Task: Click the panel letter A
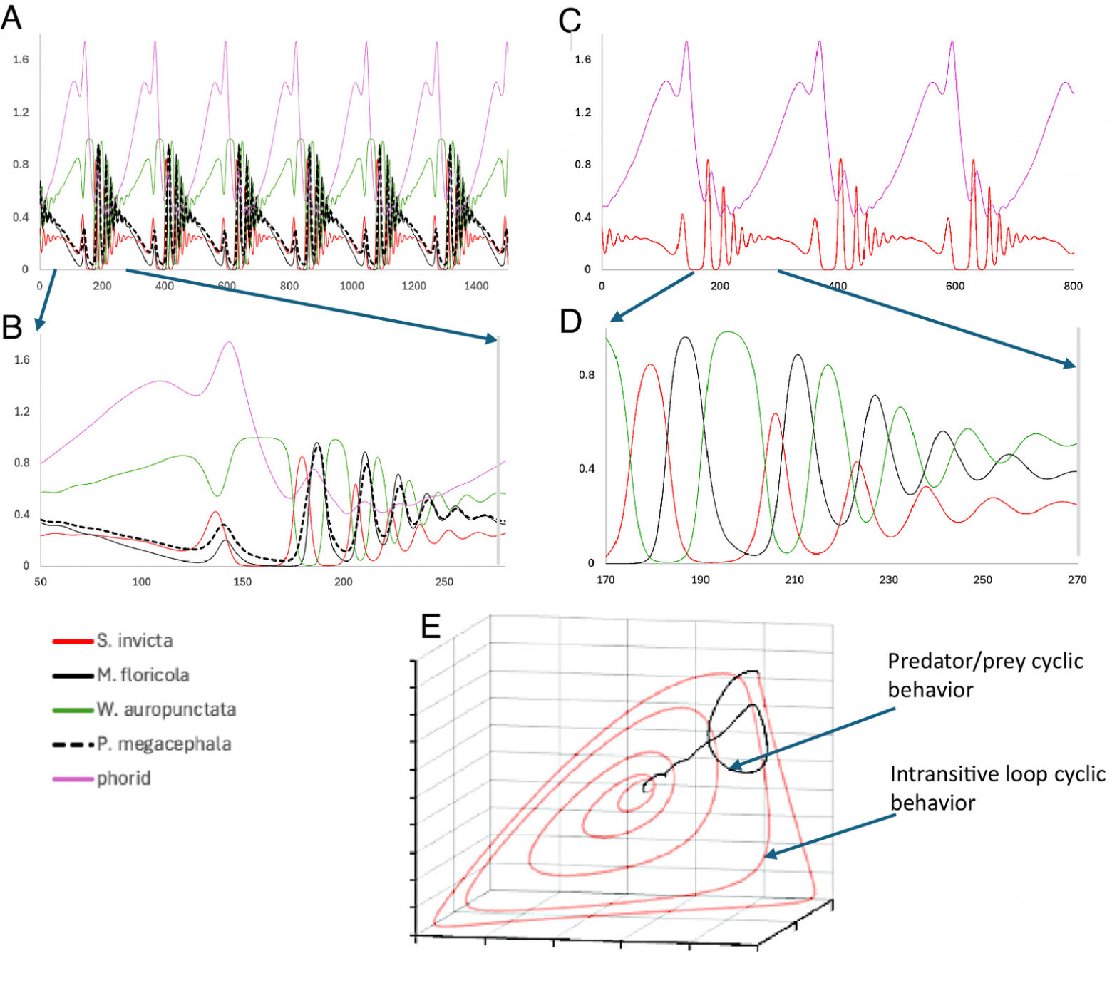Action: [11, 17]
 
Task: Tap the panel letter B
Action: [13, 326]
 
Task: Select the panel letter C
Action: [570, 20]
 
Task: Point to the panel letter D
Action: [571, 322]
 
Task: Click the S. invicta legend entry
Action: [134, 641]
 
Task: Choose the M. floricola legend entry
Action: [143, 675]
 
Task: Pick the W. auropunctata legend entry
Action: [165, 709]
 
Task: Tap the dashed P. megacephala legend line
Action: [73, 744]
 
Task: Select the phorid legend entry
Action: [123, 778]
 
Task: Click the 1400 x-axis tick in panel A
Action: [476, 286]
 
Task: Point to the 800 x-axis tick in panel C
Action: [1073, 286]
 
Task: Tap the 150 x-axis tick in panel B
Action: [242, 582]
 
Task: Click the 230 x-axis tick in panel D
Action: [888, 580]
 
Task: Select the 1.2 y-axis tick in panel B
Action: [22, 411]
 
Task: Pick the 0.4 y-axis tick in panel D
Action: [586, 468]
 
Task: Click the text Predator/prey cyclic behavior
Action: [985, 675]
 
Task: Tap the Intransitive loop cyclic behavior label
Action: [997, 788]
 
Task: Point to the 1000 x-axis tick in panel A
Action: [351, 286]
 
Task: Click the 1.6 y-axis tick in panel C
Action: [583, 59]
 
